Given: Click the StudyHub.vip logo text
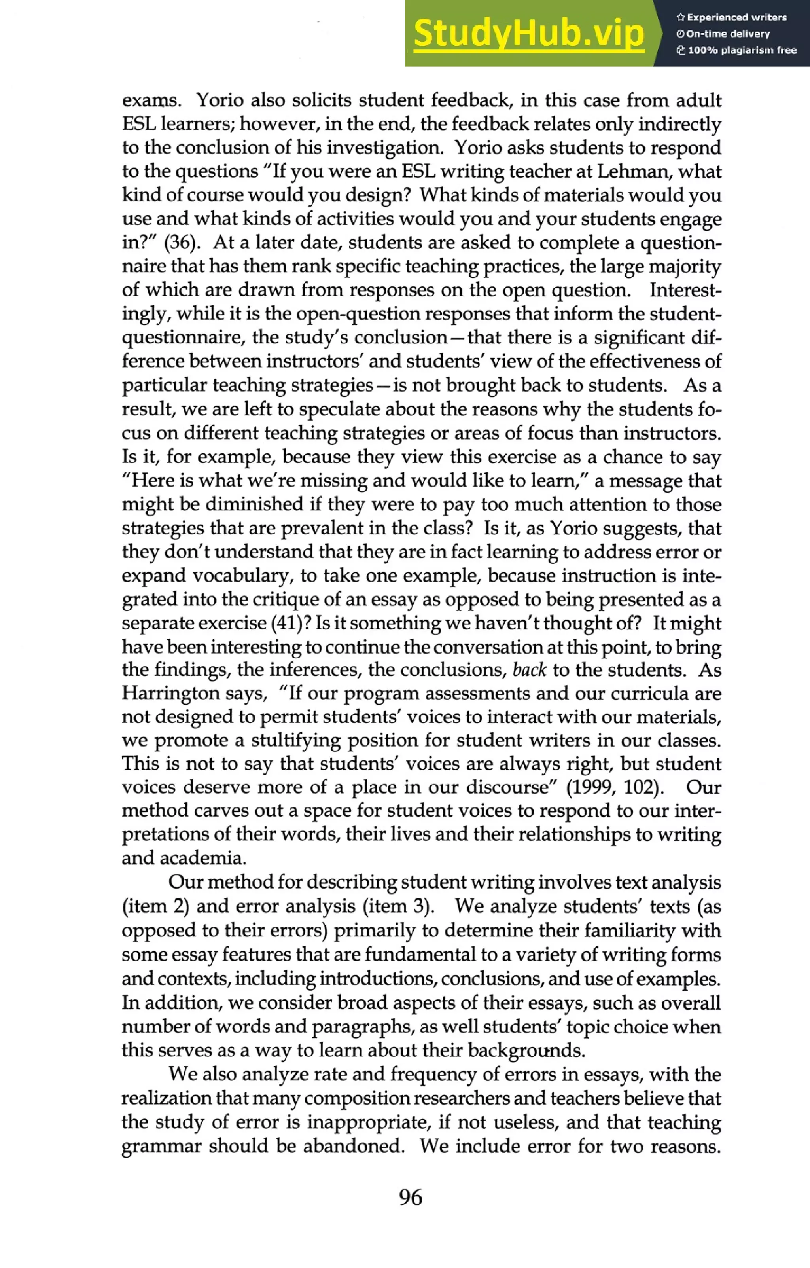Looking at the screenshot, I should pos(528,34).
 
